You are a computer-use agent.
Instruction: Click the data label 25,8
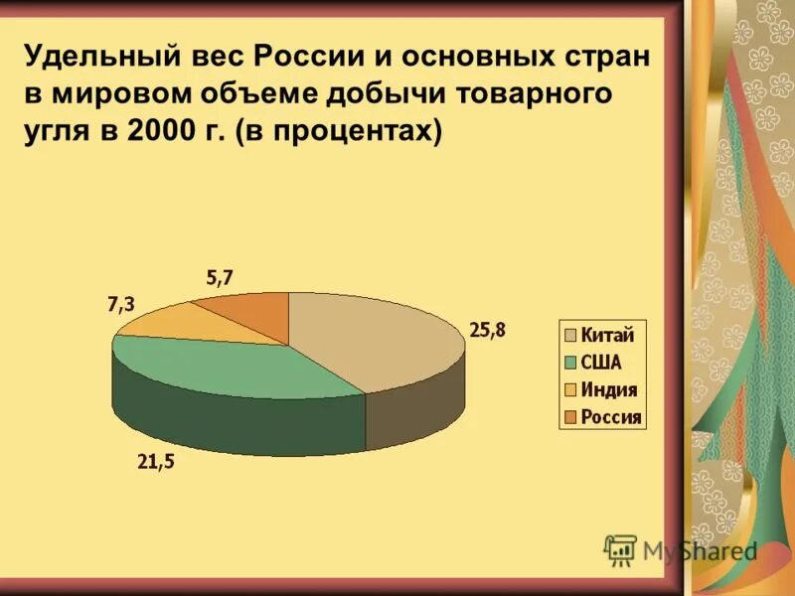tap(487, 331)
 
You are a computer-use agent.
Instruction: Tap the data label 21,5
tap(155, 462)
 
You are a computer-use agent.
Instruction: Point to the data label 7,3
tap(120, 305)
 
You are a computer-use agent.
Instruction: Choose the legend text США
tap(600, 363)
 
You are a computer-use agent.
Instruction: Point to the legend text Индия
tap(608, 390)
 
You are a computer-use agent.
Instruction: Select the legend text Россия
tap(611, 417)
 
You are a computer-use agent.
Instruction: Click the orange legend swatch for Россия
tap(571, 417)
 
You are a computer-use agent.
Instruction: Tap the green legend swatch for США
tap(571, 363)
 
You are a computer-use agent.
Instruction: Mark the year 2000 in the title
tap(158, 131)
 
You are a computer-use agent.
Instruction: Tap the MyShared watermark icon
tap(620, 549)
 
